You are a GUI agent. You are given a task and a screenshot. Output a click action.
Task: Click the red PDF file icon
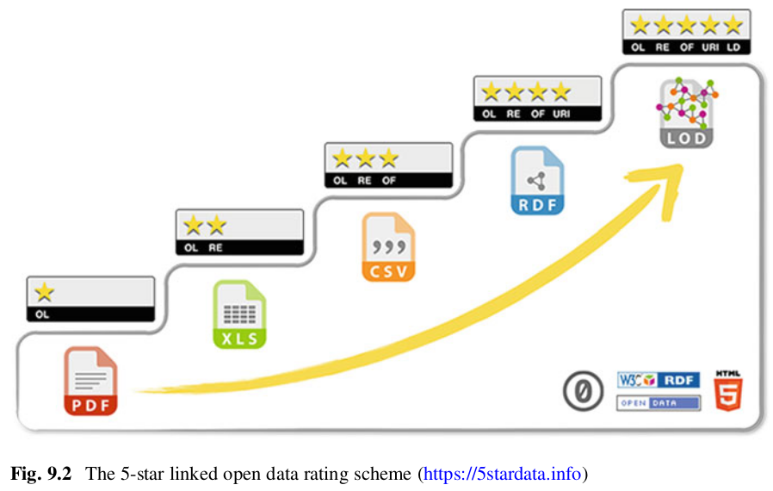(90, 381)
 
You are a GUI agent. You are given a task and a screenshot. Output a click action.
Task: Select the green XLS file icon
(239, 314)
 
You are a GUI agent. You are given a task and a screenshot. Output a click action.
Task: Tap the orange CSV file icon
(388, 248)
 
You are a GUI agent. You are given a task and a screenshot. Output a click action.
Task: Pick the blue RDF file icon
(537, 181)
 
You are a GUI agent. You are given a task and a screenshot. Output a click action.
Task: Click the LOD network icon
(686, 112)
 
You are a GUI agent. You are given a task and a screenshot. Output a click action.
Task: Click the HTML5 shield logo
(727, 391)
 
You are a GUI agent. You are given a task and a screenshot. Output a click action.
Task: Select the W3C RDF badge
(659, 380)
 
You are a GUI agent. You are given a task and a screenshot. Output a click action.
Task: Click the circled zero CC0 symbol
(582, 392)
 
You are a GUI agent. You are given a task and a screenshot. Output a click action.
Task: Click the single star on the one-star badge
(44, 293)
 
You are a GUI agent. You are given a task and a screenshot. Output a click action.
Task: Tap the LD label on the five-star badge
(733, 47)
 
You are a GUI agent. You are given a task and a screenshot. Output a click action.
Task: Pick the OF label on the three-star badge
(389, 181)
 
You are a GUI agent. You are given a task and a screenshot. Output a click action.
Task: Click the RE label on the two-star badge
(215, 248)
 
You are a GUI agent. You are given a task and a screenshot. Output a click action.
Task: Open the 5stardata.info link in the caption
(503, 473)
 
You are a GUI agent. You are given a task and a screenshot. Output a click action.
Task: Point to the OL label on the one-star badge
(42, 314)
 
